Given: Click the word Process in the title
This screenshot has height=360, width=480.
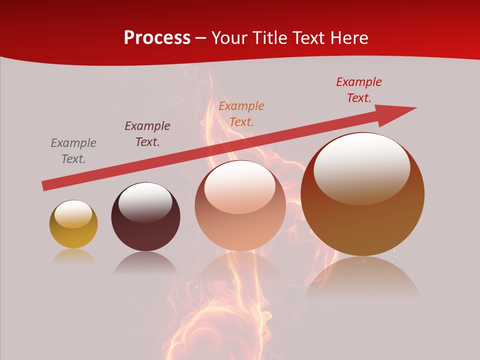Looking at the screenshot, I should [x=157, y=38].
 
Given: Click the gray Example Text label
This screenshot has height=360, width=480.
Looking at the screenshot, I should [x=73, y=150].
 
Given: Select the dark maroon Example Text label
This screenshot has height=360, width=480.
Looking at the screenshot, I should [x=147, y=133].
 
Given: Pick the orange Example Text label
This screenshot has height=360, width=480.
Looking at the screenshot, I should [x=241, y=113].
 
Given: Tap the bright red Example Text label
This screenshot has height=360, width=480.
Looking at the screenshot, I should [x=359, y=89].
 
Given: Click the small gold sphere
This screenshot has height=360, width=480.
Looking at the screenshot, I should [x=73, y=231].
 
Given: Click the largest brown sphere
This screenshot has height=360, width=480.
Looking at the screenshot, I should [x=362, y=220].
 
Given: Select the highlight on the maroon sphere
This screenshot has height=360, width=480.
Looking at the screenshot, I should [x=145, y=202].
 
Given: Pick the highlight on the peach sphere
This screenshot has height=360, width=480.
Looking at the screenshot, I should [x=240, y=187].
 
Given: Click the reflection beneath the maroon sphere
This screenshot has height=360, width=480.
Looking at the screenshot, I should [x=145, y=262].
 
